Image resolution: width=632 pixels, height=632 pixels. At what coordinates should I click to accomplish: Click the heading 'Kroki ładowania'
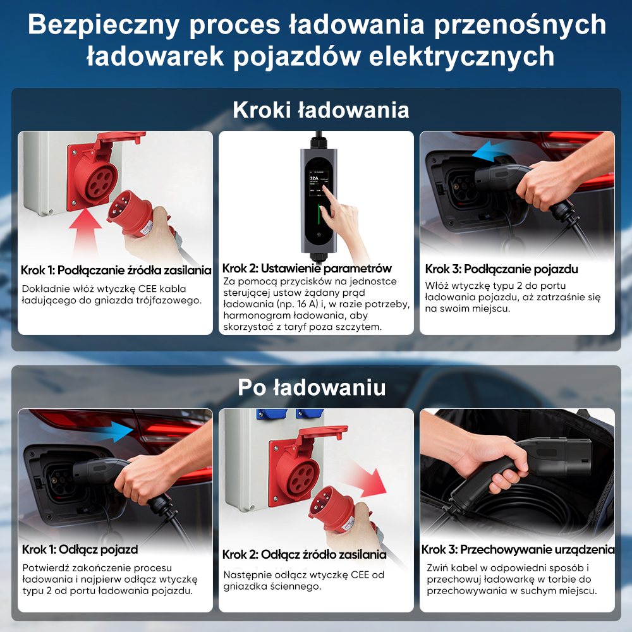click(x=320, y=109)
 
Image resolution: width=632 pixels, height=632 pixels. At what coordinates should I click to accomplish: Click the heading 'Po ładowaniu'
click(x=312, y=387)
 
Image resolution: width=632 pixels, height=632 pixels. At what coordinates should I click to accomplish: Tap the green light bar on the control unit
click(x=319, y=216)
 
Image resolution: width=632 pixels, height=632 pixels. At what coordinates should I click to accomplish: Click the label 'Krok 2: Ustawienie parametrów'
click(x=307, y=268)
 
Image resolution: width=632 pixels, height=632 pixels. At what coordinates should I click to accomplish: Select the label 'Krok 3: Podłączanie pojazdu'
click(x=501, y=269)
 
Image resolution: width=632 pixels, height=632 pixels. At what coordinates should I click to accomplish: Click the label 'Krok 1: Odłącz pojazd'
click(x=80, y=549)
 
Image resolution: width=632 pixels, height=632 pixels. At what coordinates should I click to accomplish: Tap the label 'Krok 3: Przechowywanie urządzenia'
click(x=518, y=549)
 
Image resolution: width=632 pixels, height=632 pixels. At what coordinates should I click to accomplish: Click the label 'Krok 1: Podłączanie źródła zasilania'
click(x=116, y=270)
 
